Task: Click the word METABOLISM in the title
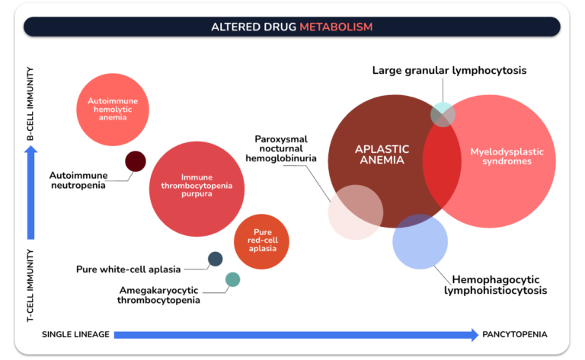click(x=336, y=27)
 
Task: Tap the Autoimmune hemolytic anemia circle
click(x=113, y=110)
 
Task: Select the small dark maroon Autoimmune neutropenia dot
click(x=136, y=161)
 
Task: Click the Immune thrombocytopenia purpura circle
click(x=197, y=189)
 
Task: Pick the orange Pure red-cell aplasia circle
click(x=261, y=241)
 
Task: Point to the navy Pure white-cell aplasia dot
click(x=216, y=259)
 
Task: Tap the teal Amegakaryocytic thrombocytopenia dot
click(x=233, y=279)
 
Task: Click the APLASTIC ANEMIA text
click(x=382, y=155)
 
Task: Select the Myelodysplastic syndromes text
click(x=507, y=156)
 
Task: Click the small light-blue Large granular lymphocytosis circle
click(x=443, y=114)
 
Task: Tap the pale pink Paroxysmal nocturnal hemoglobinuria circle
click(x=356, y=212)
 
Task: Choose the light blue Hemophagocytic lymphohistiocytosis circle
click(x=420, y=241)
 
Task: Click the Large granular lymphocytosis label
click(x=449, y=71)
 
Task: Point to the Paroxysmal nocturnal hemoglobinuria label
click(x=281, y=148)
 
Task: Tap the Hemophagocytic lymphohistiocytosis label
click(x=495, y=285)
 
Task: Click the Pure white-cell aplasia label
click(x=128, y=269)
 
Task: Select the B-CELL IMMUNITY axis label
click(x=30, y=104)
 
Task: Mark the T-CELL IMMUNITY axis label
click(x=30, y=285)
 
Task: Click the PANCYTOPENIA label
click(x=515, y=334)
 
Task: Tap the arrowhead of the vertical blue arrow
click(x=31, y=150)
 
